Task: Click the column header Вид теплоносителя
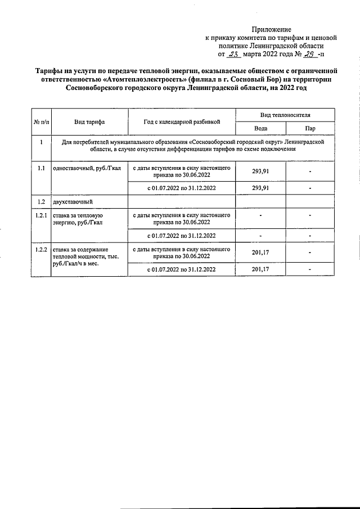[285, 114]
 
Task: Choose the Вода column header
[260, 128]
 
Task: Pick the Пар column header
[310, 128]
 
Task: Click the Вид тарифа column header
[89, 121]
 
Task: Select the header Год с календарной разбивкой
[181, 121]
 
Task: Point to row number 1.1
[41, 168]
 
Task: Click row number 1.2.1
[41, 215]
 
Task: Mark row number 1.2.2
[41, 248]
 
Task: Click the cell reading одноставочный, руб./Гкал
[86, 168]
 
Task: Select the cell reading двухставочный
[71, 201]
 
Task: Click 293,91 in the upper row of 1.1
[260, 172]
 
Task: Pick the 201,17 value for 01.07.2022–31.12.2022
[260, 270]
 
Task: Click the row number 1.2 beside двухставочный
[41, 201]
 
